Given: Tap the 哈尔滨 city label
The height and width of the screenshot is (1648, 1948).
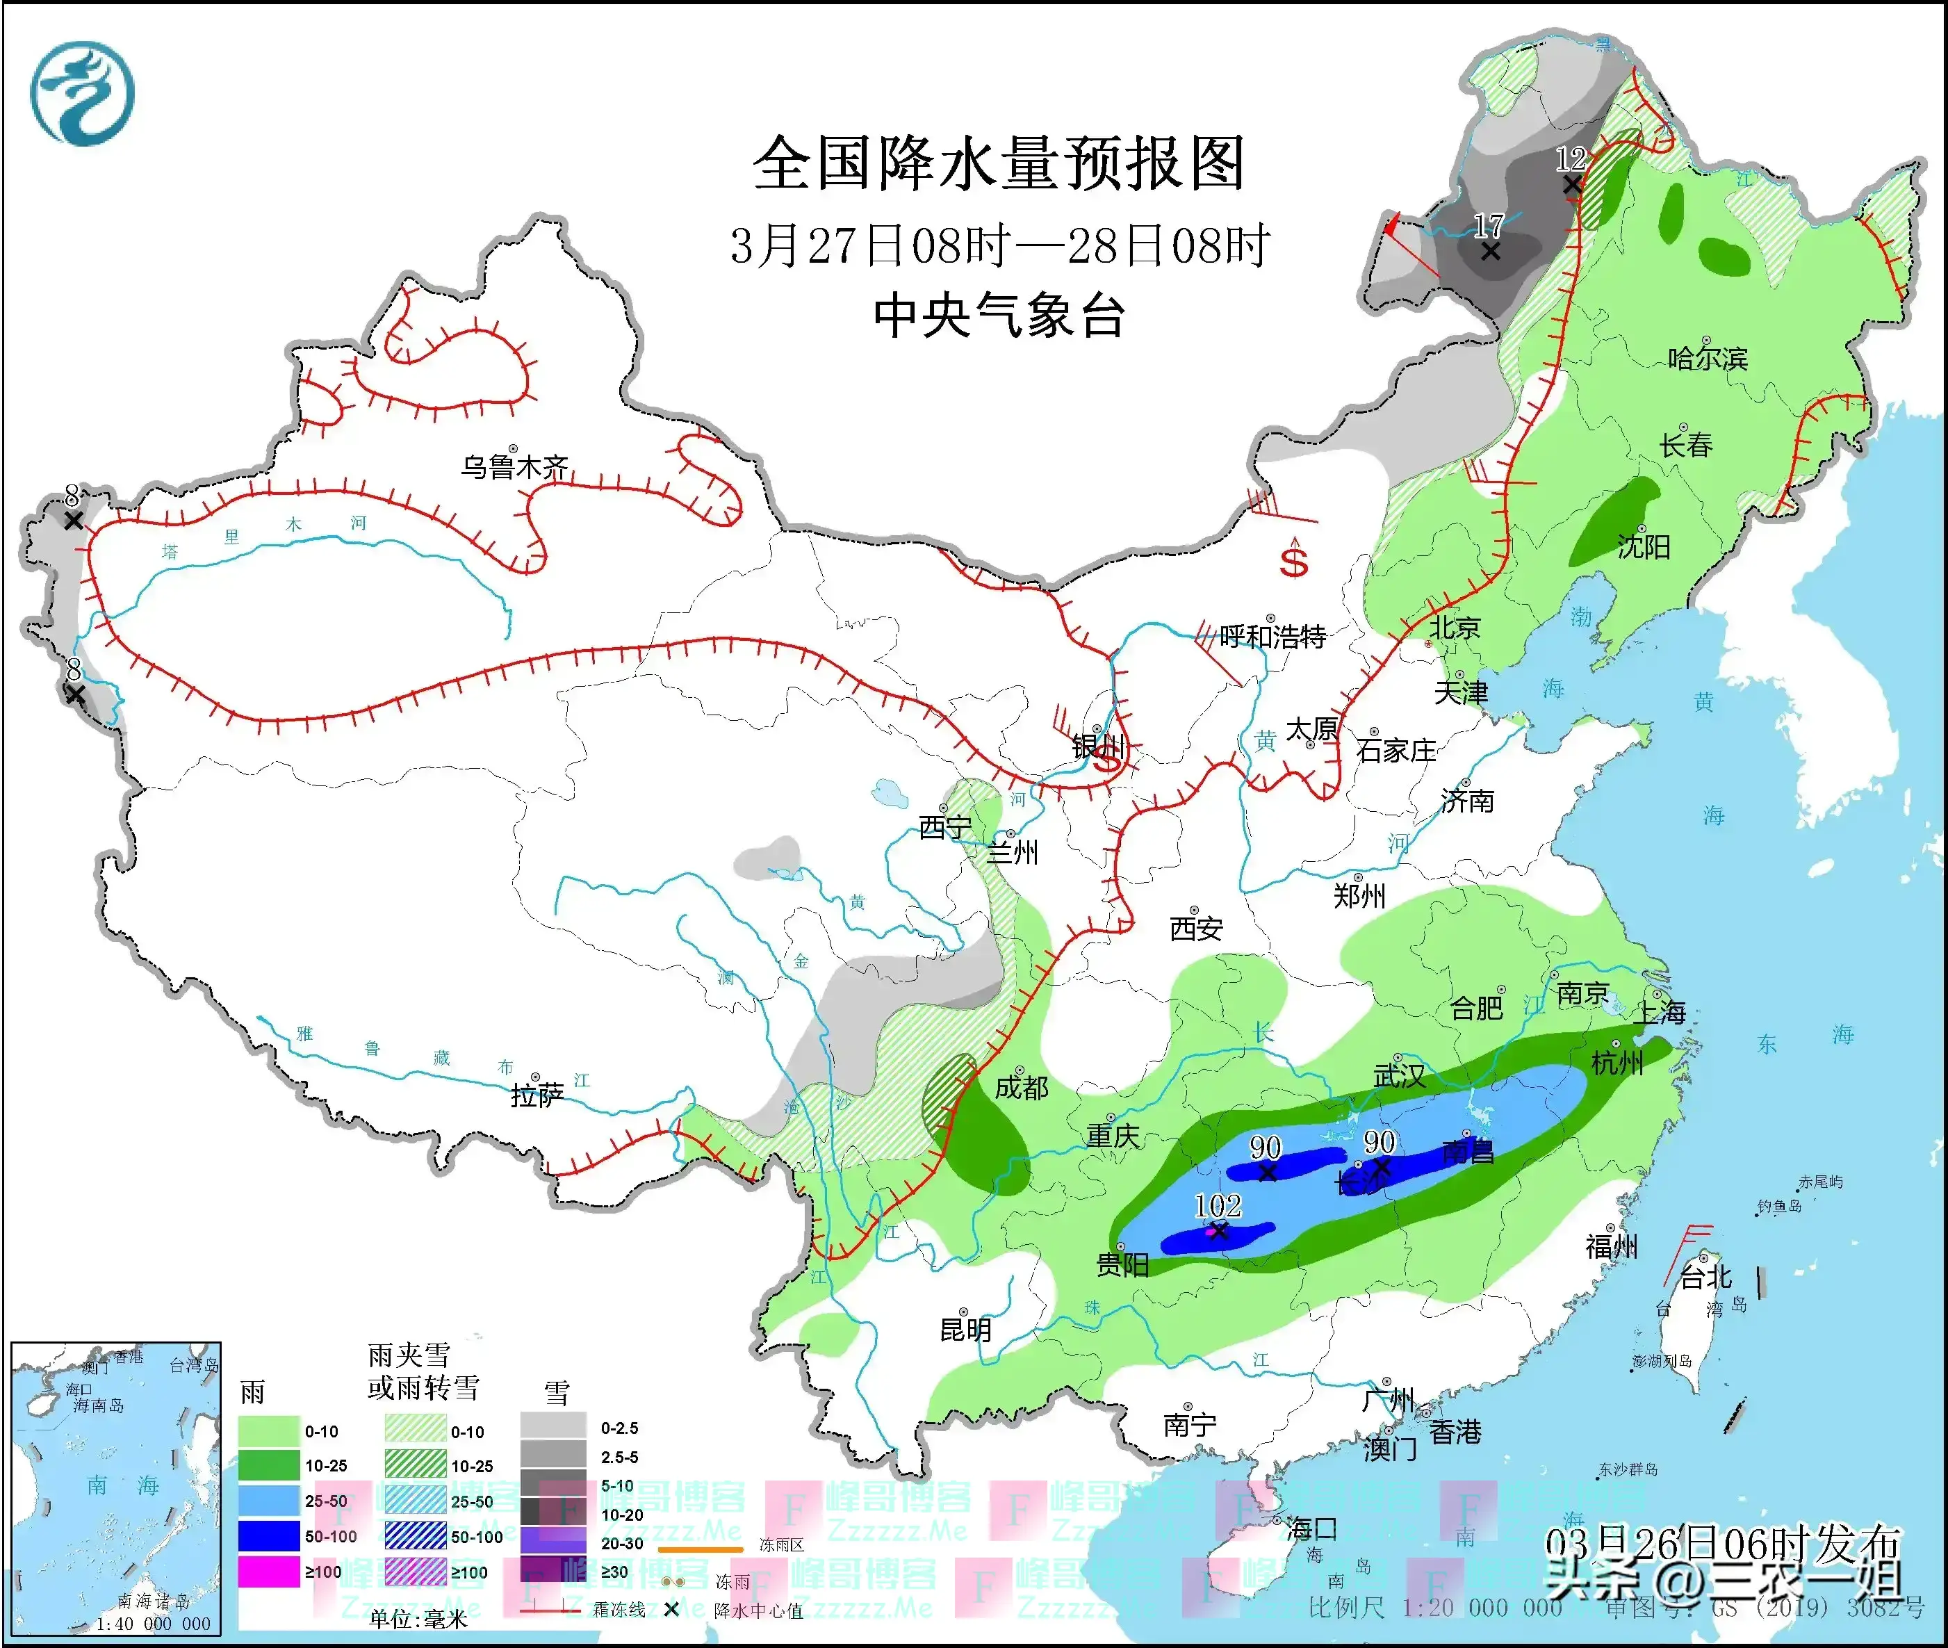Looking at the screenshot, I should tap(1707, 358).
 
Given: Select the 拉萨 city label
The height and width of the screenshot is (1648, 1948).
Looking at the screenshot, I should tap(537, 1094).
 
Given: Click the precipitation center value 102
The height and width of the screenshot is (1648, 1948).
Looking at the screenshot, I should tap(1218, 1205).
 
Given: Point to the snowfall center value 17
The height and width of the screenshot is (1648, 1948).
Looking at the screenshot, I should tap(1489, 225).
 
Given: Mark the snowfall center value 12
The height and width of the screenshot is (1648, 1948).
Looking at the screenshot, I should tap(1571, 158).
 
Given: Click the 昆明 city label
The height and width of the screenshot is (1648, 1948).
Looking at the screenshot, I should tap(965, 1330).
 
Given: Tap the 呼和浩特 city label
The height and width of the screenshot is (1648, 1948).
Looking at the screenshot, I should tap(1272, 637).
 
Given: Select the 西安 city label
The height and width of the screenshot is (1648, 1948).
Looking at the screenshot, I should tap(1196, 929).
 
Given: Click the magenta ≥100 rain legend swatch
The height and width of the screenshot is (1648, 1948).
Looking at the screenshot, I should tap(268, 1572).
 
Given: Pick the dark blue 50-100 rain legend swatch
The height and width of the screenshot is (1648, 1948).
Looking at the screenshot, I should tap(268, 1536).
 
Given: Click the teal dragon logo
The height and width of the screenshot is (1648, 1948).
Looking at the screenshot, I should tap(82, 93).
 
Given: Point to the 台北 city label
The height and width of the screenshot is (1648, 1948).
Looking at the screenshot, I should tap(1705, 1277).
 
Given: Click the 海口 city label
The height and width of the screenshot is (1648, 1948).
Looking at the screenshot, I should tap(1311, 1529).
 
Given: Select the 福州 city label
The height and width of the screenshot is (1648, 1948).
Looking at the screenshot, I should tap(1611, 1246).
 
